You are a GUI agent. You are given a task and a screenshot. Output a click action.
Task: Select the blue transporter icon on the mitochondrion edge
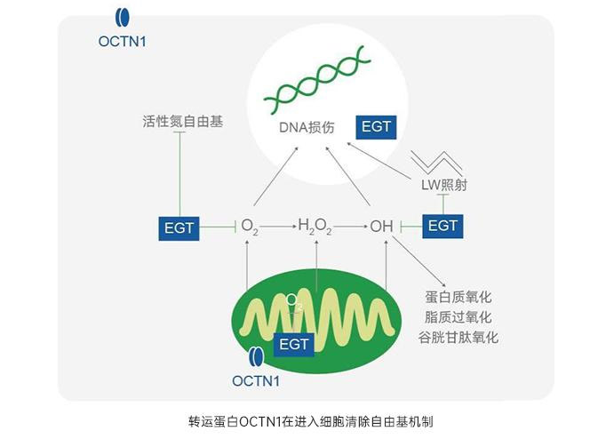coord(255,357)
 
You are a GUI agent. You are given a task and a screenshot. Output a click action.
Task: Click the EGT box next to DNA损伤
coord(375,127)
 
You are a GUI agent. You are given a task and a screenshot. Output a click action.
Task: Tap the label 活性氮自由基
coord(182,120)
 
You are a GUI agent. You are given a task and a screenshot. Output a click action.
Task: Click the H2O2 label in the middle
coord(315,227)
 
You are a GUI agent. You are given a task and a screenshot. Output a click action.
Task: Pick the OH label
coord(381,227)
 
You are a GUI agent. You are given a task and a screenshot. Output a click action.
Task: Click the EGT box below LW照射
coord(442,226)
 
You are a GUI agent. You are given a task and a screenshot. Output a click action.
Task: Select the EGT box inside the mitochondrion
coord(293,343)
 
